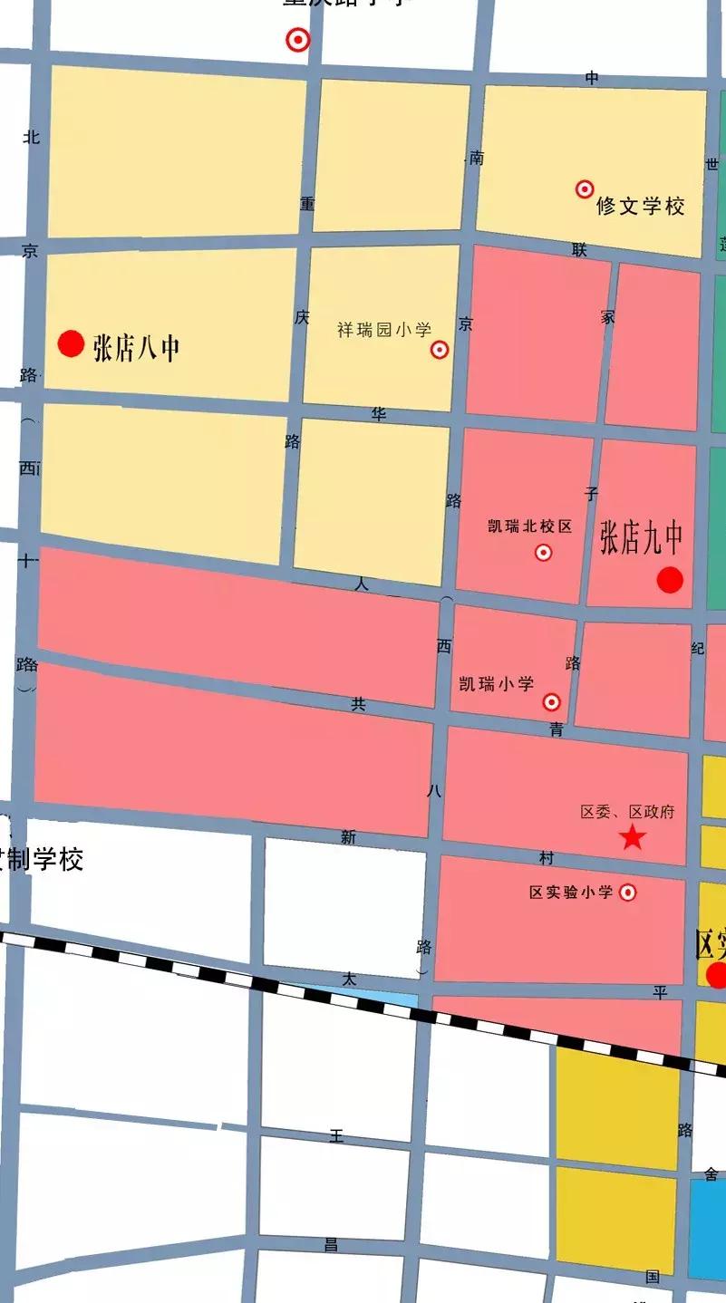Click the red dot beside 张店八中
(x=71, y=343)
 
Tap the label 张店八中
(x=136, y=347)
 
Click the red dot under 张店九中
(x=670, y=580)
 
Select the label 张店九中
(x=641, y=540)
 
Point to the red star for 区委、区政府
(x=632, y=838)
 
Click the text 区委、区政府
(x=627, y=812)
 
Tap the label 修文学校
(x=640, y=207)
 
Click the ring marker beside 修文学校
(x=585, y=189)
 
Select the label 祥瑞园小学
(x=384, y=330)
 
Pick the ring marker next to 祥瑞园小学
(x=440, y=350)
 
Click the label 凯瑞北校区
(x=530, y=526)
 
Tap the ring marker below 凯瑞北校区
(x=543, y=552)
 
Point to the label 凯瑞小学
(x=497, y=684)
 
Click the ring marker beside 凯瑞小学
(x=551, y=702)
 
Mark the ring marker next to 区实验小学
(x=627, y=893)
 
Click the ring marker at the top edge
(x=297, y=40)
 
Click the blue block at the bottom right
(x=707, y=1228)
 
